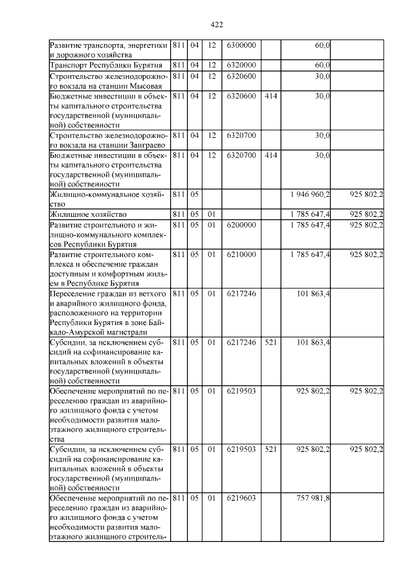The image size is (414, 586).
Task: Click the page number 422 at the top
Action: point(217,24)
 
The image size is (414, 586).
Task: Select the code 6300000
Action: point(241,45)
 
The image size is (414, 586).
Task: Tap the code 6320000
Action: point(241,65)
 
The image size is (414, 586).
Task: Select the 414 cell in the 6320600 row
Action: point(271,96)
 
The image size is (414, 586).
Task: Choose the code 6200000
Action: point(241,225)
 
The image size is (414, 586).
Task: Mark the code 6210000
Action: point(241,254)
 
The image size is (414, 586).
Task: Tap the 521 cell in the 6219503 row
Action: point(271,448)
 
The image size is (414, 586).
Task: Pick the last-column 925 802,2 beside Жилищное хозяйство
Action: point(366,214)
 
